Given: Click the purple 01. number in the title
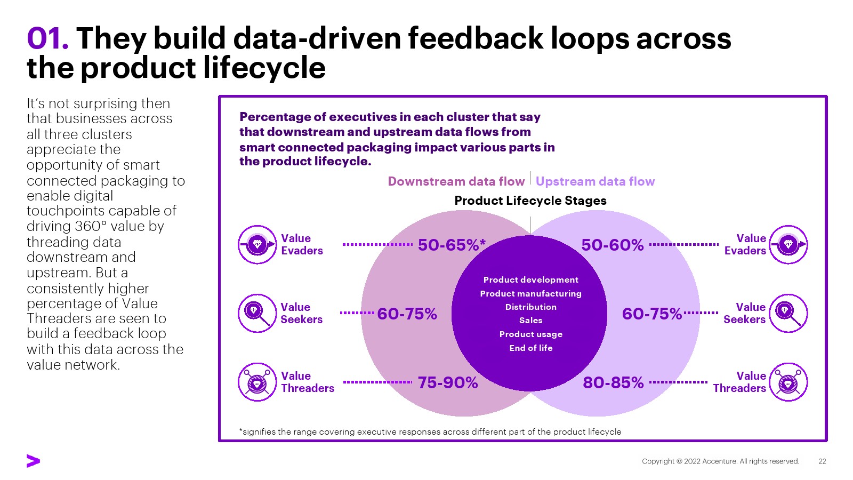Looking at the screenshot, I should pyautogui.click(x=47, y=38).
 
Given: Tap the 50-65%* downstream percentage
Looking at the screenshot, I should pyautogui.click(x=452, y=245).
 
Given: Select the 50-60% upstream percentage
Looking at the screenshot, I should pyautogui.click(x=613, y=245).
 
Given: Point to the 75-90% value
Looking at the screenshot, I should pyautogui.click(x=448, y=382).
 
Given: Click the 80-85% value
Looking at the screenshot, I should pyautogui.click(x=613, y=382).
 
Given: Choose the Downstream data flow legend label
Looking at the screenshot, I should pyautogui.click(x=456, y=181).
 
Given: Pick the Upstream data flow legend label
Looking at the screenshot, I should pyautogui.click(x=595, y=181).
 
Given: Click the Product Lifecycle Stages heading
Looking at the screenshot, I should pyautogui.click(x=530, y=201).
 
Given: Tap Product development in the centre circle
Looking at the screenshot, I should pyautogui.click(x=530, y=279).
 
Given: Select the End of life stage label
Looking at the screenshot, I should pyautogui.click(x=530, y=348).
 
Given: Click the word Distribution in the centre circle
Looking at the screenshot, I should pyautogui.click(x=530, y=307).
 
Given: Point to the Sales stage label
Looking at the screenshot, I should pyautogui.click(x=530, y=320).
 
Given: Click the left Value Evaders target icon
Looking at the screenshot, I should pyautogui.click(x=257, y=244).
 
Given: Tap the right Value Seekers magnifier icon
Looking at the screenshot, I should pyautogui.click(x=788, y=313).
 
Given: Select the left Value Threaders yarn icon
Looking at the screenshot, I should pyautogui.click(x=257, y=382).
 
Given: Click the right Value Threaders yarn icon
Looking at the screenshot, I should pyautogui.click(x=788, y=382).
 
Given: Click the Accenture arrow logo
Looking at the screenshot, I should pyautogui.click(x=33, y=461).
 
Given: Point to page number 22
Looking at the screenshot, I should pyautogui.click(x=822, y=461).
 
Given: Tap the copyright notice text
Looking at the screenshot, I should pyautogui.click(x=720, y=461).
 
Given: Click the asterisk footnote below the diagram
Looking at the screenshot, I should pyautogui.click(x=430, y=431).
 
